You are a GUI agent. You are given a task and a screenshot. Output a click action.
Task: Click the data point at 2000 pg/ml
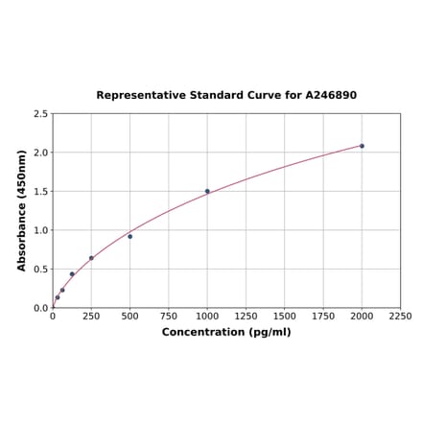[362, 146]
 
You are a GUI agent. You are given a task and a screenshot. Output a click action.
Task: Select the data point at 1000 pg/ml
[207, 191]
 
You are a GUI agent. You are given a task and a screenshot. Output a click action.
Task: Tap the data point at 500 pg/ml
[129, 236]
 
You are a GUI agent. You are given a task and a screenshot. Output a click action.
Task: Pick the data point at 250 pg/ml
[91, 258]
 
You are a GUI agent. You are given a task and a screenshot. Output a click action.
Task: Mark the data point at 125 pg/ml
[72, 274]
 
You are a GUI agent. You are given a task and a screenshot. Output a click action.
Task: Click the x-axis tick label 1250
[246, 316]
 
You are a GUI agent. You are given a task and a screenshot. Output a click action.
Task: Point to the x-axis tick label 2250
[400, 316]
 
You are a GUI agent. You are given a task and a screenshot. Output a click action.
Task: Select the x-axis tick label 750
[169, 316]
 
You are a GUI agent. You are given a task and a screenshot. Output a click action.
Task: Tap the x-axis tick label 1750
[323, 316]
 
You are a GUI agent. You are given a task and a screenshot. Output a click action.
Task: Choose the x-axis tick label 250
[91, 316]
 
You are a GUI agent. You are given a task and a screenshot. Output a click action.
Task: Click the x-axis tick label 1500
[285, 316]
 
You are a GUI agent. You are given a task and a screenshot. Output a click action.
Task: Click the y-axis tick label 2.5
[41, 113]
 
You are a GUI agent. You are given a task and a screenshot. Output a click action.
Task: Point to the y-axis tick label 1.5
[41, 191]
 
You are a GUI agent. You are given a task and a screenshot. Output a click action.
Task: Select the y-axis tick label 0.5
[41, 270]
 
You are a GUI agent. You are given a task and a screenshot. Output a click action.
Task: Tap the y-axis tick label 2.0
[41, 153]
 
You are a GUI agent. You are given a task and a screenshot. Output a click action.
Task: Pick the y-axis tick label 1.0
[41, 230]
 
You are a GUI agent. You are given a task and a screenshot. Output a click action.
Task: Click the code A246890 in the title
[331, 96]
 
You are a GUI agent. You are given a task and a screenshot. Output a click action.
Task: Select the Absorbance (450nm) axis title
[21, 210]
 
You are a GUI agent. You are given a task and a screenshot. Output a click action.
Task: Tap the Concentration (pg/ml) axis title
[226, 332]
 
